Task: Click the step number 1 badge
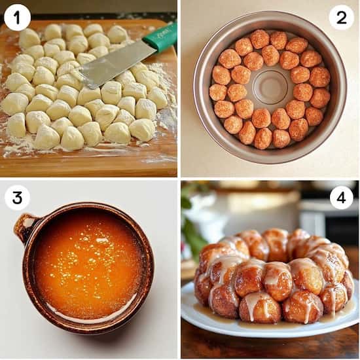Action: [x=17, y=17]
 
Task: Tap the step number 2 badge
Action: [x=341, y=17]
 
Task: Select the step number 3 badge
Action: [x=17, y=197]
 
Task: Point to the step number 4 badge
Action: [x=341, y=197]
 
